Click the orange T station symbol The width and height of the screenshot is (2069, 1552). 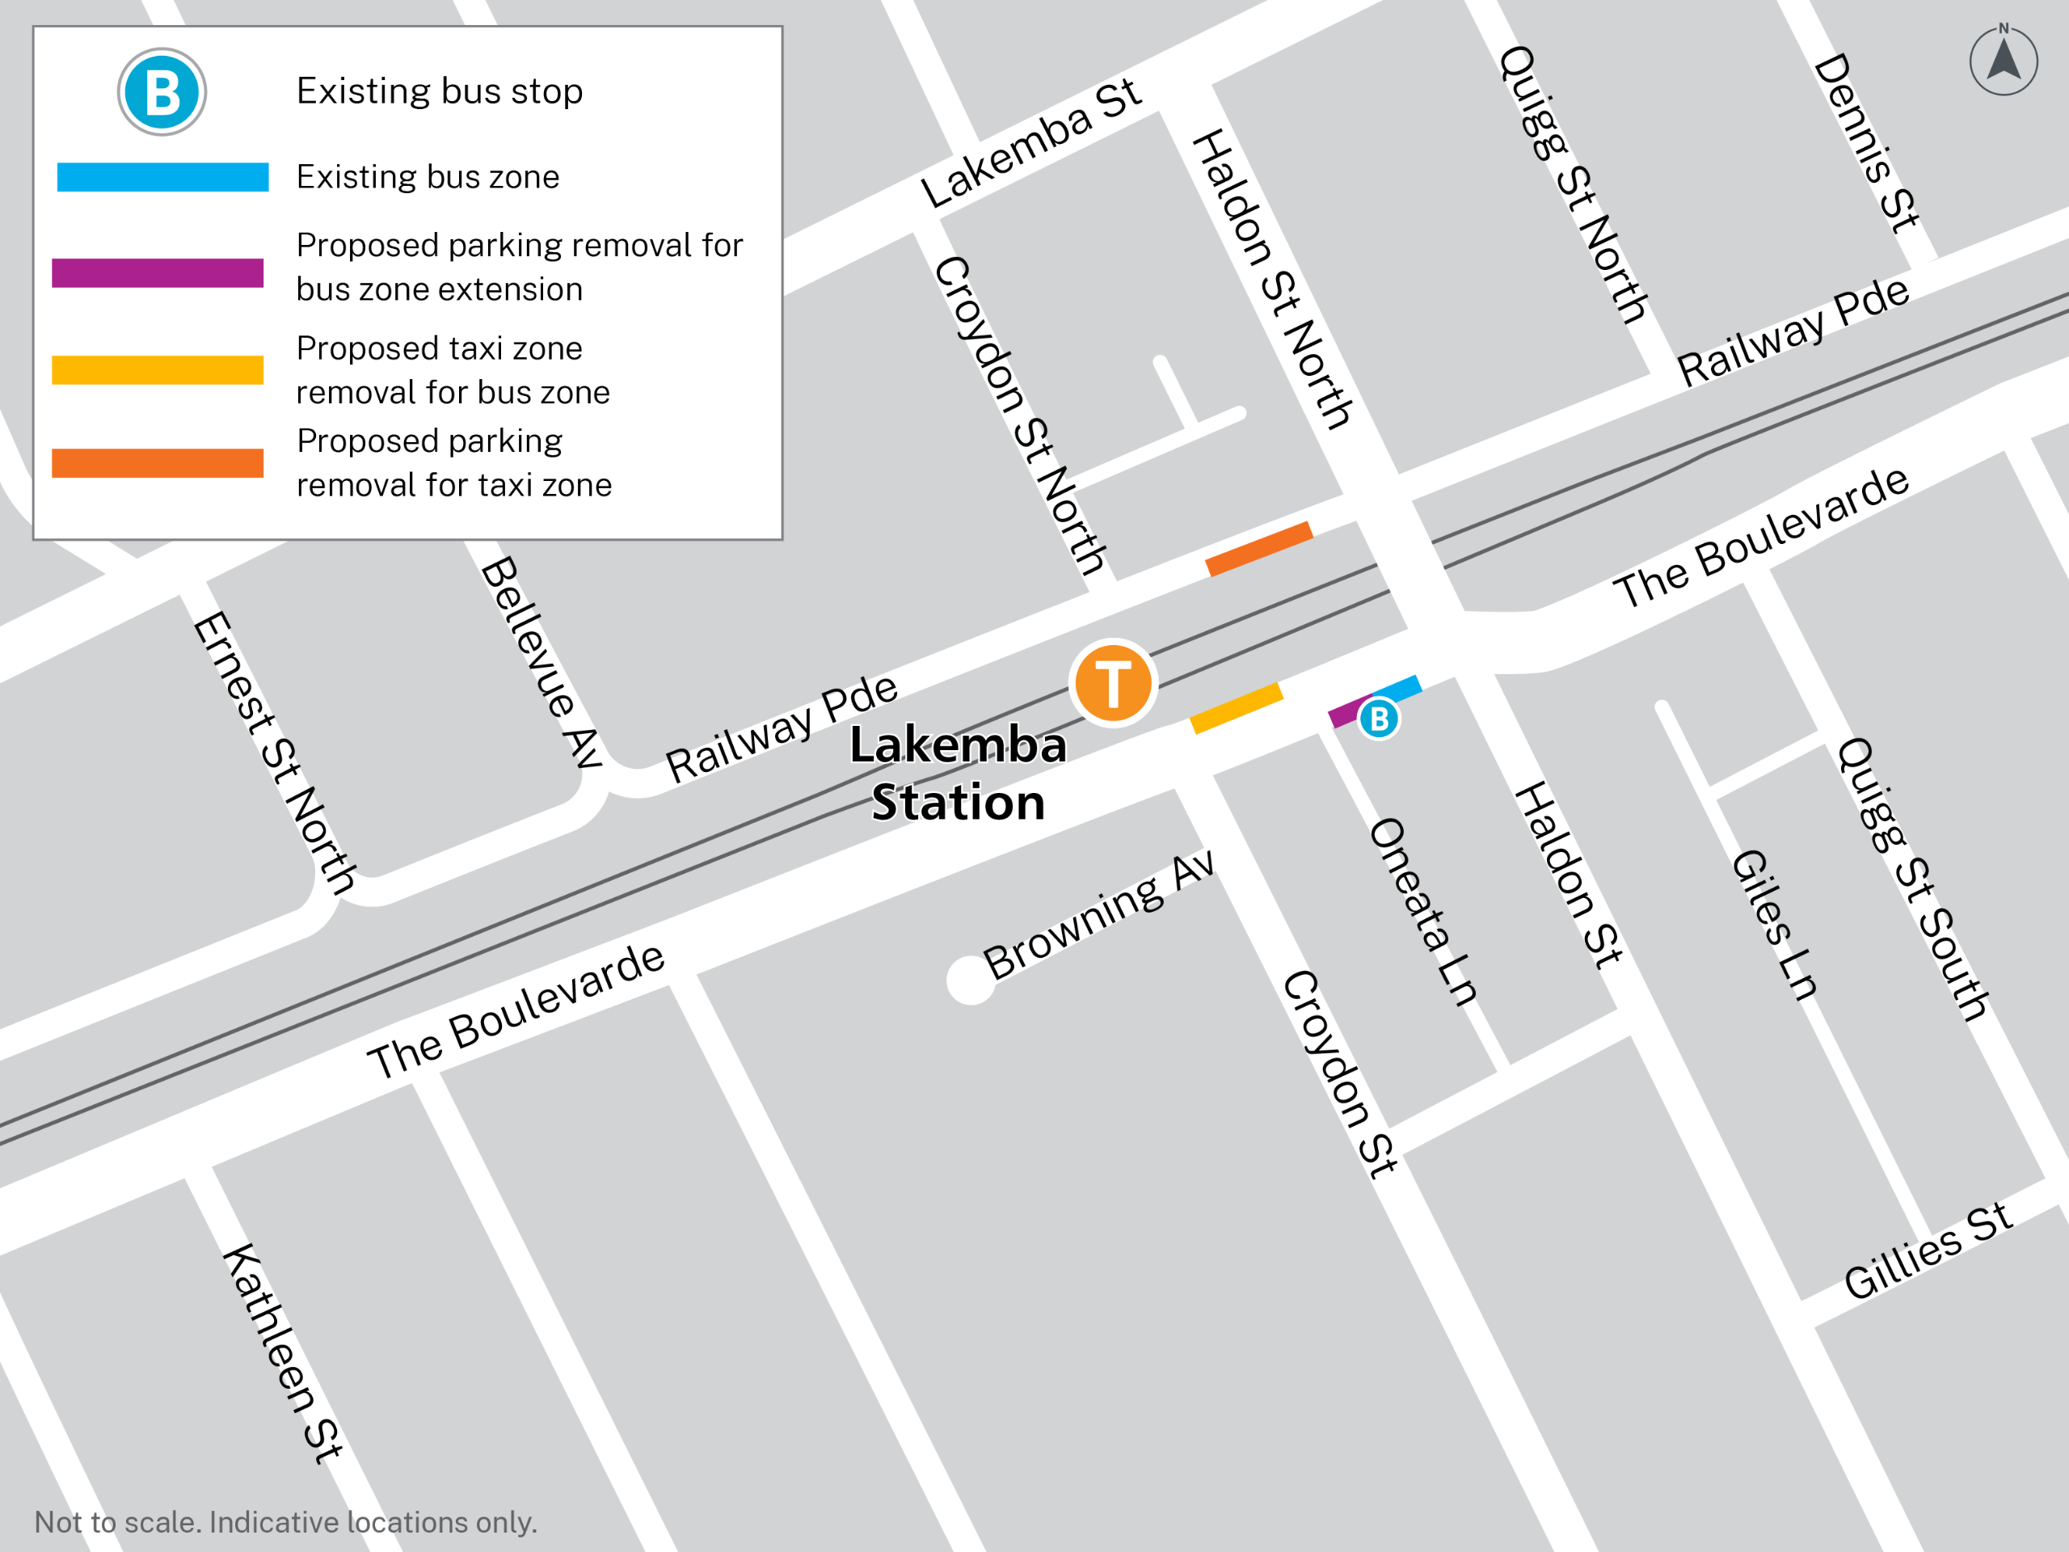click(1112, 683)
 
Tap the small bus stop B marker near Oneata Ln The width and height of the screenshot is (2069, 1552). click(1378, 719)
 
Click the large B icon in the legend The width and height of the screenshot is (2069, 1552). click(162, 91)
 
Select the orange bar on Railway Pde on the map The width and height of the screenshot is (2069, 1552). click(1258, 548)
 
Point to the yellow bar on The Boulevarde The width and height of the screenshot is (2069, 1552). click(1236, 708)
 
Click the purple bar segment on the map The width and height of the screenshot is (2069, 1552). click(1347, 711)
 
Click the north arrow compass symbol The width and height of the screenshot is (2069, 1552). click(2003, 60)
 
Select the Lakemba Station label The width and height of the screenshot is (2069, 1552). click(958, 774)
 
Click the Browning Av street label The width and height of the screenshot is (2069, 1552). click(1099, 916)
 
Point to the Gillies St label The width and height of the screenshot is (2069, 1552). click(1927, 1251)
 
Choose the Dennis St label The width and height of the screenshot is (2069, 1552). click(1866, 142)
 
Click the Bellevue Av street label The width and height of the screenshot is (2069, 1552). click(541, 662)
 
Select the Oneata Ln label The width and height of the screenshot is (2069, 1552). click(1422, 911)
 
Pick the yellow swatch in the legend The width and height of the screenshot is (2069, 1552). click(157, 369)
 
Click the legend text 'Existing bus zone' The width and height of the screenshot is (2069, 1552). click(428, 177)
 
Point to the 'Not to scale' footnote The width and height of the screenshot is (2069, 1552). click(285, 1522)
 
